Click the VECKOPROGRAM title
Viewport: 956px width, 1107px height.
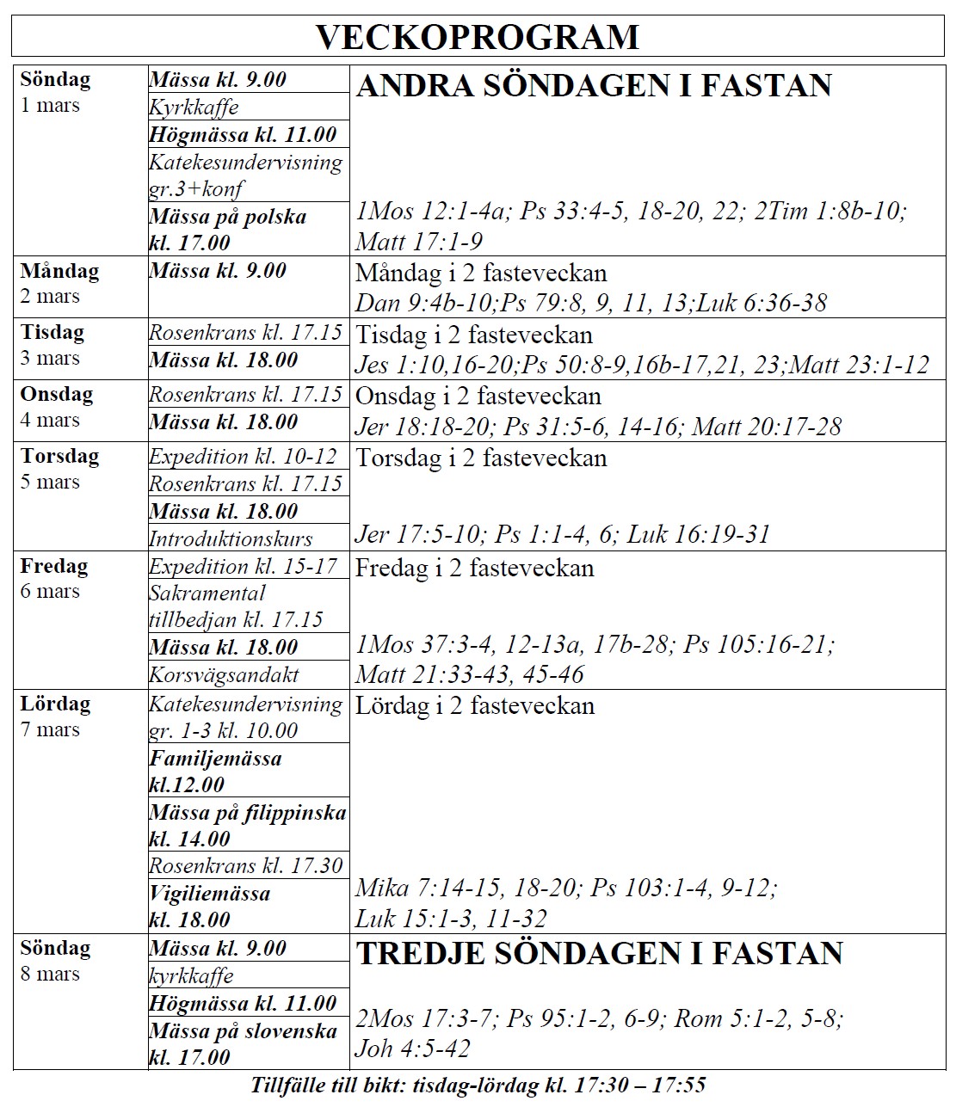(478, 37)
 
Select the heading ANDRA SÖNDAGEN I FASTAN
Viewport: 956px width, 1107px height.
(594, 86)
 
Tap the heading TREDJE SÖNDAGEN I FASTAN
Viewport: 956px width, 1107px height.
(600, 954)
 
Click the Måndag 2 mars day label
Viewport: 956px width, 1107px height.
(59, 283)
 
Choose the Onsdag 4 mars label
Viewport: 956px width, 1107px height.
(57, 406)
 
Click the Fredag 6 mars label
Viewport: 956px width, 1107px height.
(53, 578)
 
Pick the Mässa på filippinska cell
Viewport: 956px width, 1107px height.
(247, 825)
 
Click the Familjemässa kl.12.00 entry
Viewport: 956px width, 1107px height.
(215, 771)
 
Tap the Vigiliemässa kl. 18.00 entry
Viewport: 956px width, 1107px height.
(209, 906)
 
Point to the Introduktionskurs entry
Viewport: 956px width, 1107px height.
(231, 539)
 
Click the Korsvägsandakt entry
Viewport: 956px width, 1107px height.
(224, 675)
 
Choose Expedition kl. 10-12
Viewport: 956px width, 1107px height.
(243, 457)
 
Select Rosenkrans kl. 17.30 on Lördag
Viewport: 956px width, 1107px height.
(245, 865)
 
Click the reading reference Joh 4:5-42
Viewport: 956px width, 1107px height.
(413, 1049)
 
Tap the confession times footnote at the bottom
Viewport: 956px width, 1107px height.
(478, 1085)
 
